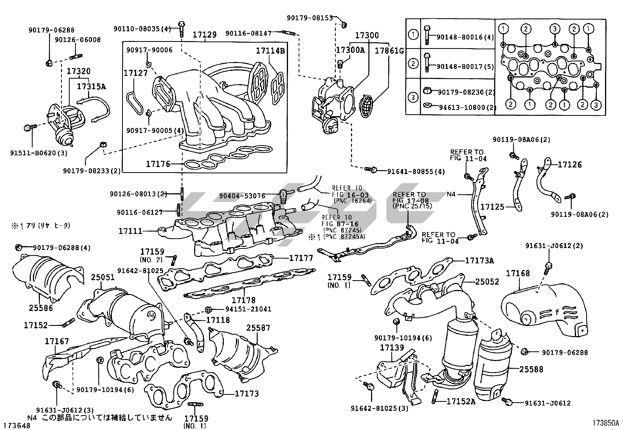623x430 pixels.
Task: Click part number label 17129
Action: tap(204, 35)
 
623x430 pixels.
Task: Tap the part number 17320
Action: tap(78, 72)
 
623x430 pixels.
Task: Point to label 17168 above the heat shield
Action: tap(518, 273)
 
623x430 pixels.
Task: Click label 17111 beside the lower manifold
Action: tap(130, 231)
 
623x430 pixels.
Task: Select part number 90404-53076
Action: tap(242, 196)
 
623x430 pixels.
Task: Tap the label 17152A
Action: tap(461, 401)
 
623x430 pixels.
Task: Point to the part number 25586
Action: tap(41, 308)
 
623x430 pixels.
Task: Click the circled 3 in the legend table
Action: tap(413, 96)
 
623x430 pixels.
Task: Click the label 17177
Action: tap(301, 258)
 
